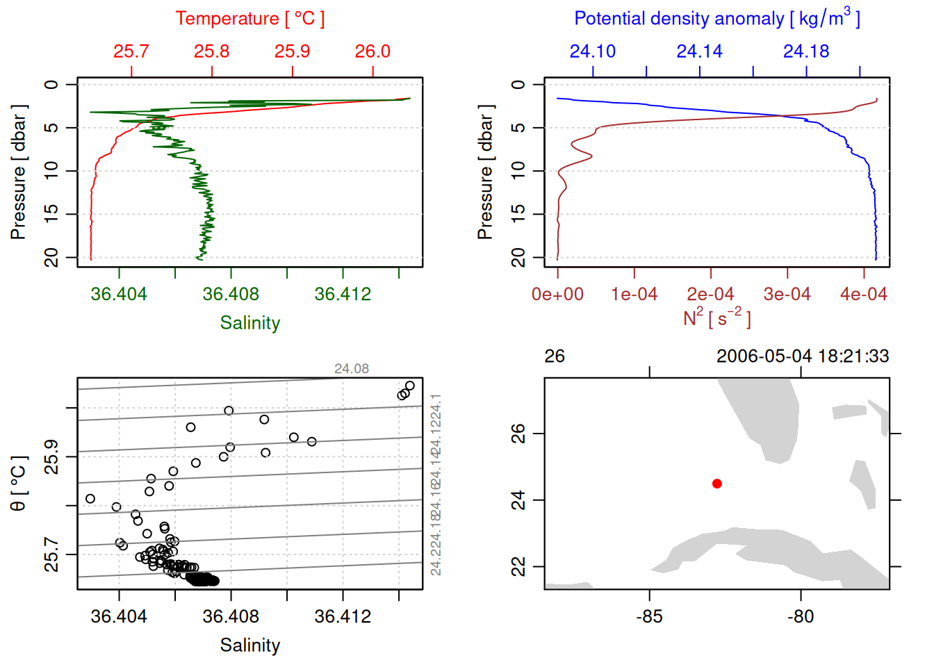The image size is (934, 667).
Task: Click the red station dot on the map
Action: coord(716,484)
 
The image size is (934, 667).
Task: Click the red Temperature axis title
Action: coord(249,19)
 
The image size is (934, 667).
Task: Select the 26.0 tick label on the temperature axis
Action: coord(372,51)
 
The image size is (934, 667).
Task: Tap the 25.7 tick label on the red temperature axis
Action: coord(131,51)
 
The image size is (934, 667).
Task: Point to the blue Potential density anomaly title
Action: coord(716,18)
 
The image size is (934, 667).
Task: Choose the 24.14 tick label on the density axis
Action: coord(699,51)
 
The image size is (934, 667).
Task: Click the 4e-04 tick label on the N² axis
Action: coord(863,294)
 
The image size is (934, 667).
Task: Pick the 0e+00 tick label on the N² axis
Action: coord(557,294)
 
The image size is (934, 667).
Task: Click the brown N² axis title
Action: coord(716,318)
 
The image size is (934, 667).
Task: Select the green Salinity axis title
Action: coord(249,323)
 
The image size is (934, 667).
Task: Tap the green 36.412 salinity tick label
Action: coord(343,294)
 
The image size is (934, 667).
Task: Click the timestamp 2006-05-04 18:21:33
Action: coord(802,356)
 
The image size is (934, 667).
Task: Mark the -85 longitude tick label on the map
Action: coord(649,616)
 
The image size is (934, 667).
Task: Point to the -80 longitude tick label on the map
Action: coord(801,616)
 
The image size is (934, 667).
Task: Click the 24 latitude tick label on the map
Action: coord(518,500)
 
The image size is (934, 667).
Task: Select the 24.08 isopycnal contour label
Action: coord(352,369)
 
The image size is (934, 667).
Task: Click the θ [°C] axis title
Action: coord(18,484)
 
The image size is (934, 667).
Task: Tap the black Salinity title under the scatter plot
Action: coord(249,645)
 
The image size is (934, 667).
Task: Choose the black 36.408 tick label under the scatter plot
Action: coord(231,616)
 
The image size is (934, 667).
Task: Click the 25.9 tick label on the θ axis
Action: coord(51,456)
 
